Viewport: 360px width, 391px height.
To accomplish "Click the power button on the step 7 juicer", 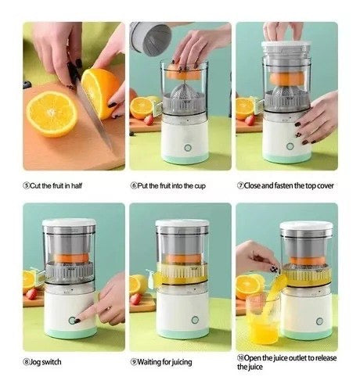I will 289,145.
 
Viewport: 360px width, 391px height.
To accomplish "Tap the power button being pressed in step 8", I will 74,321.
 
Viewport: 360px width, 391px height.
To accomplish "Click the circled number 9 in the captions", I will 134,362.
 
